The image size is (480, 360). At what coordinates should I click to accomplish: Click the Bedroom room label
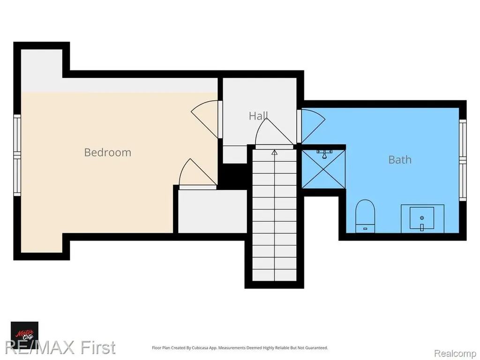tap(107, 152)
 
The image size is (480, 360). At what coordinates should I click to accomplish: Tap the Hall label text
tap(258, 116)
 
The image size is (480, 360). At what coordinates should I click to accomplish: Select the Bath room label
tap(400, 159)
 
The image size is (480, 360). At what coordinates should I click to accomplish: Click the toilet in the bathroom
tap(365, 216)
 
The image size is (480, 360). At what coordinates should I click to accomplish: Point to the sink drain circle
tap(422, 218)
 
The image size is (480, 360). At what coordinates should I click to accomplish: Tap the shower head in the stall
tap(324, 154)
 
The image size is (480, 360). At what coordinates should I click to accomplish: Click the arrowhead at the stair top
tap(274, 152)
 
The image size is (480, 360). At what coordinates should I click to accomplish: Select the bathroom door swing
tap(313, 126)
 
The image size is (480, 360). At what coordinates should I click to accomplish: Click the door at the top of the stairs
tap(274, 134)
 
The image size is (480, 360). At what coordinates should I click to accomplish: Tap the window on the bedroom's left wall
tap(17, 155)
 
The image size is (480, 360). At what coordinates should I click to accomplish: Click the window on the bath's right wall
tap(463, 160)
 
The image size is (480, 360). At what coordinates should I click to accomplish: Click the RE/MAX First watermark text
tap(60, 347)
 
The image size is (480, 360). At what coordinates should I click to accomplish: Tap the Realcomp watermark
tap(455, 353)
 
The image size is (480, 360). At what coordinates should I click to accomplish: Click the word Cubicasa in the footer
tap(201, 348)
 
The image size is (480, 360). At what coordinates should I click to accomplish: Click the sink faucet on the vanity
tap(422, 227)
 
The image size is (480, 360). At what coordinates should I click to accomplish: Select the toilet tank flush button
tap(365, 229)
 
